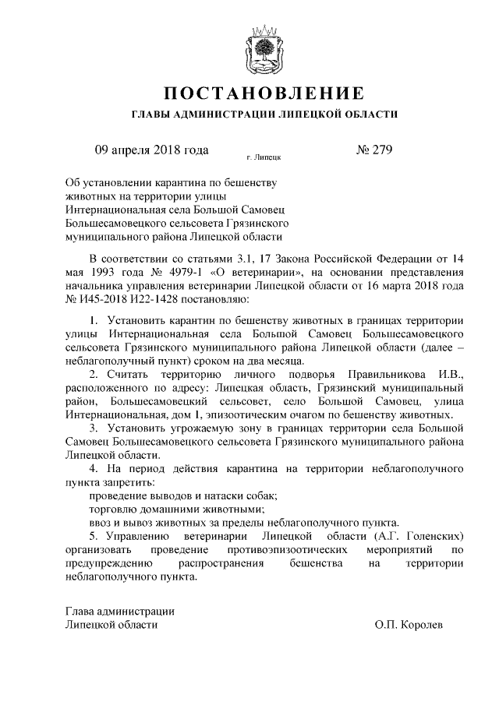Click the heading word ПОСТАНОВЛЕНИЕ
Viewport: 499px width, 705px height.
click(264, 94)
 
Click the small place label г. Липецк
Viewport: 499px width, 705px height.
click(264, 157)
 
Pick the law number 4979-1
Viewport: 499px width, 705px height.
click(184, 273)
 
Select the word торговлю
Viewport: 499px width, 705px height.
click(115, 509)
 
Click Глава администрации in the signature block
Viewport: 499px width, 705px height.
click(119, 611)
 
